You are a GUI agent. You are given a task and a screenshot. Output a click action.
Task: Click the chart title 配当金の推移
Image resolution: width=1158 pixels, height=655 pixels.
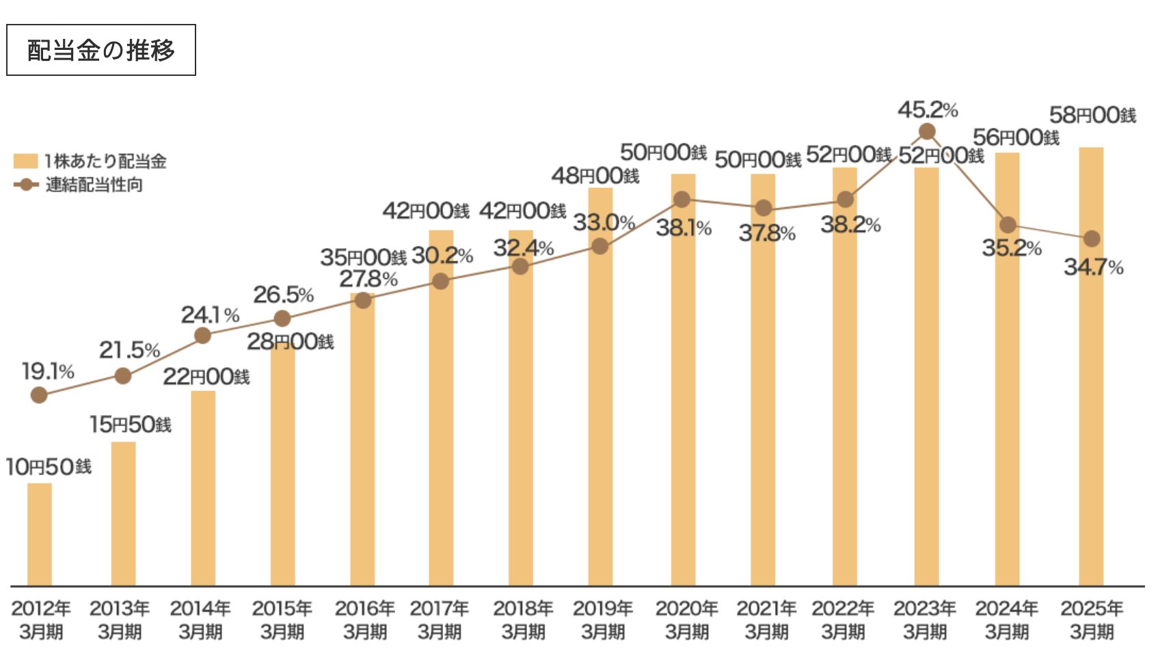(101, 50)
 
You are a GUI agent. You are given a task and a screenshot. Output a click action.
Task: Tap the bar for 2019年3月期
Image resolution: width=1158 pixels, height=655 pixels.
(600, 410)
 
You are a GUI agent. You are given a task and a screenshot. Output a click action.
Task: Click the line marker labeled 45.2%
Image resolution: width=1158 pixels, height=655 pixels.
(927, 131)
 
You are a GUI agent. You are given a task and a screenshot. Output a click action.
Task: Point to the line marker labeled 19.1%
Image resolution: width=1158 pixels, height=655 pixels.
(39, 395)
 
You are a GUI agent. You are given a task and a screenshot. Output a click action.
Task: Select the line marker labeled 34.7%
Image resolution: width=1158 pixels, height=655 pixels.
(1092, 239)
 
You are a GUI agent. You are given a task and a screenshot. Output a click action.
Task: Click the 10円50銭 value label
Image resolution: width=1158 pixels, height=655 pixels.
(49, 467)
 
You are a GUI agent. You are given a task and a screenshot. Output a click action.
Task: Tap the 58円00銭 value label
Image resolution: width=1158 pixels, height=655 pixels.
(1092, 115)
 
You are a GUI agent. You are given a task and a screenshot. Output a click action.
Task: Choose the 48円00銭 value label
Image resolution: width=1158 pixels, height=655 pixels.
(595, 176)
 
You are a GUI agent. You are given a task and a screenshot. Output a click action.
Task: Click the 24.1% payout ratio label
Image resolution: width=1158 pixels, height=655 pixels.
(210, 315)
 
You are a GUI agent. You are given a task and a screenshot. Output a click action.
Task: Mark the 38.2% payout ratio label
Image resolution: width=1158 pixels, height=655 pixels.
(850, 224)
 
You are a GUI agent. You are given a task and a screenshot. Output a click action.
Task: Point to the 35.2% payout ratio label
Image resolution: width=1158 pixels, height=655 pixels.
(1012, 248)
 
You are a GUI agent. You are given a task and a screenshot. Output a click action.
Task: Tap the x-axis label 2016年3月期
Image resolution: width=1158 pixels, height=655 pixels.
(365, 619)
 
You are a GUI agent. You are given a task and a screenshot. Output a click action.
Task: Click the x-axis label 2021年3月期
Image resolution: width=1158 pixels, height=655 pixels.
(766, 619)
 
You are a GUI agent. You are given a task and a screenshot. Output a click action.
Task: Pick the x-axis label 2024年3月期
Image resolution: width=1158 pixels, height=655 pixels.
(1006, 619)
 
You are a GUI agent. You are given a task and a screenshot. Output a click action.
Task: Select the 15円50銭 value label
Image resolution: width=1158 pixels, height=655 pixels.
(131, 425)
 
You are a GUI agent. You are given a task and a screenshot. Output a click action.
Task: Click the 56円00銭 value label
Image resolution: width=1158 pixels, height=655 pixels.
(1016, 137)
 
